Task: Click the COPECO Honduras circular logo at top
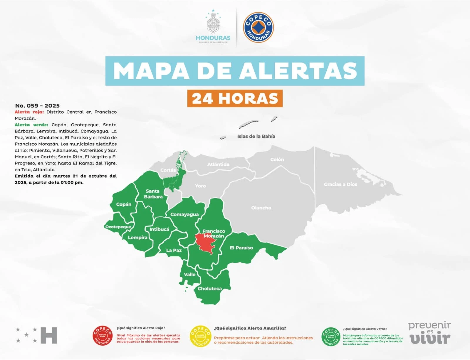[258, 27]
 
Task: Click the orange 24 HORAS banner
[235, 98]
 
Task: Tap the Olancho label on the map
[261, 208]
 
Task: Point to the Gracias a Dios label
[340, 184]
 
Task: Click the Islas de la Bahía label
[256, 136]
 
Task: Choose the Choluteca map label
[209, 289]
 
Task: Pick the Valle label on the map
[189, 274]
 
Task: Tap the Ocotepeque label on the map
[118, 227]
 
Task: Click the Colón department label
[277, 159]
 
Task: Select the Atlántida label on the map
[218, 164]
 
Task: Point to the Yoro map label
[200, 186]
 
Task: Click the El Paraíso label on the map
[241, 248]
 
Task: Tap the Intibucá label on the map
[159, 229]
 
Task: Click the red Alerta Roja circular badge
[103, 336]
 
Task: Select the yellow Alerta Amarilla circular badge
[201, 336]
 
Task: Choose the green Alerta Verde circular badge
[331, 337]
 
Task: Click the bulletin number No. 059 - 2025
[37, 106]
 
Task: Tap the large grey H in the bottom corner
[49, 335]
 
